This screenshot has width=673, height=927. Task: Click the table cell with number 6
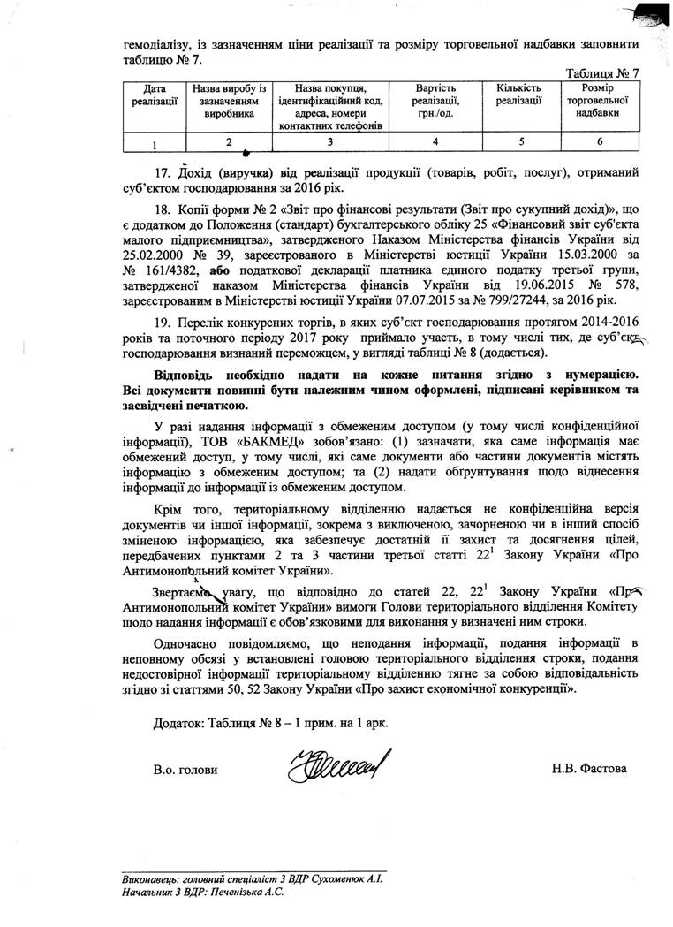click(599, 141)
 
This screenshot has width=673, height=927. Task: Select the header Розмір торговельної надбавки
click(599, 101)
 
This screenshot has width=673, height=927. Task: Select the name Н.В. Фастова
click(591, 769)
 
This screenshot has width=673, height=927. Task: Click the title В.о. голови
click(185, 769)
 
